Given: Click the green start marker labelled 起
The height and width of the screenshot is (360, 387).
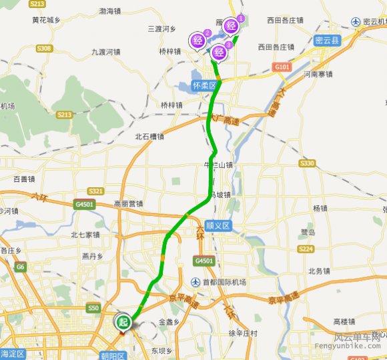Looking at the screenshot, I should tap(123, 322).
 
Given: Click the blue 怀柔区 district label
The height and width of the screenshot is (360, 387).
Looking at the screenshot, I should tap(204, 86).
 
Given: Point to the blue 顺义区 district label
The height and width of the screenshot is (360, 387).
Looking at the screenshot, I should tap(218, 226).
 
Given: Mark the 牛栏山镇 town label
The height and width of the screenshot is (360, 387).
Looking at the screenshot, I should tap(218, 165).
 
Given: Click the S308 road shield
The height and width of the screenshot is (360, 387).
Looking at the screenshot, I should tap(45, 49).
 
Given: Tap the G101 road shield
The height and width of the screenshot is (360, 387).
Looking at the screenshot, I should tap(282, 67).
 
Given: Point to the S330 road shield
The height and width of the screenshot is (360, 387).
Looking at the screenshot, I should tap(307, 163).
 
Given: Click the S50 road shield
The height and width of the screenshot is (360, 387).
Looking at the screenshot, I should tap(93, 308).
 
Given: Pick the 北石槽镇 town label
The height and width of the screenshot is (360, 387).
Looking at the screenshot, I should tap(149, 137).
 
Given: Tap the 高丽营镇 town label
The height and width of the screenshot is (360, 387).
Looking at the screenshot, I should tap(129, 204).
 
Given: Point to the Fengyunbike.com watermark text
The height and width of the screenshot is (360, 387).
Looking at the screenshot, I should tap(358, 347).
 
